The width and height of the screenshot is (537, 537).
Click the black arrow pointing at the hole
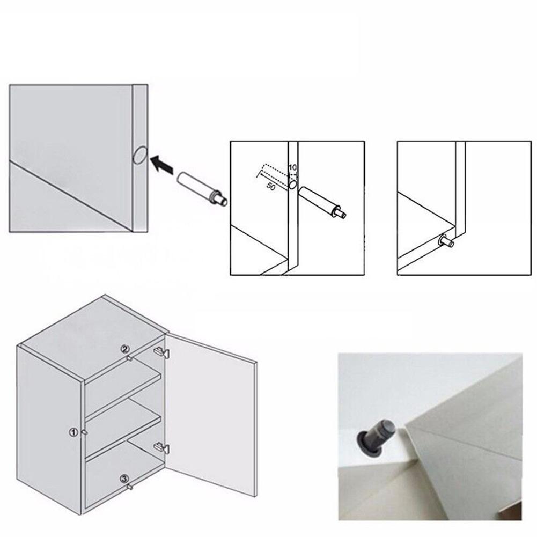point(162,165)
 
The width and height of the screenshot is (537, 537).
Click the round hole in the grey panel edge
point(138,155)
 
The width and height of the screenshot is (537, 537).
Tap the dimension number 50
point(271,188)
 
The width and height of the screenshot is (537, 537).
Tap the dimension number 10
point(292,168)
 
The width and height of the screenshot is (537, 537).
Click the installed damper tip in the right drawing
point(446,242)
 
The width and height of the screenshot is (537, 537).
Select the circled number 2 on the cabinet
point(124,350)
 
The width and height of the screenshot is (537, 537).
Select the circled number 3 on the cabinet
point(123,478)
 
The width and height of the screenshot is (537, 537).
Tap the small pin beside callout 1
point(84,432)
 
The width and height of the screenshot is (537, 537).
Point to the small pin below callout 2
point(129,358)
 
